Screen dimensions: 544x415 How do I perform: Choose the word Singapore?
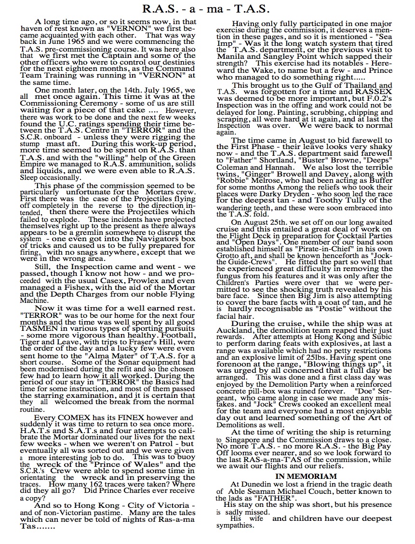pos(246,440)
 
